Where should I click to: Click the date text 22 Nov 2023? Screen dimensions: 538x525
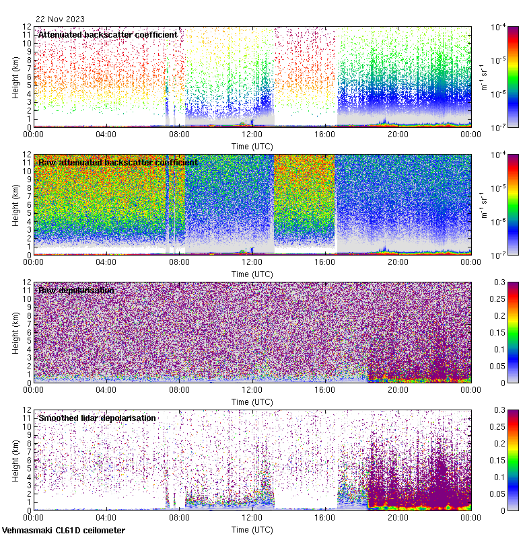61,19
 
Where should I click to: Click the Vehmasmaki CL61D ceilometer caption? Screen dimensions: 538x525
63,531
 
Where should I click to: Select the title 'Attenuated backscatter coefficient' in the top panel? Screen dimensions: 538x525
108,34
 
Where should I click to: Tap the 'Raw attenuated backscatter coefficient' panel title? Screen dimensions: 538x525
118,162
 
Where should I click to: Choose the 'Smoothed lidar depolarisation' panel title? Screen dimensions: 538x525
97,418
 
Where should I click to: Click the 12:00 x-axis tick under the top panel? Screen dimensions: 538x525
252,134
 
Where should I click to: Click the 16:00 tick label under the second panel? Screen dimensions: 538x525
325,262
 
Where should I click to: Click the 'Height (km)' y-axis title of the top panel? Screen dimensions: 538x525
15,77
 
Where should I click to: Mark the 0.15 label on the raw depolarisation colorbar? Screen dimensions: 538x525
501,333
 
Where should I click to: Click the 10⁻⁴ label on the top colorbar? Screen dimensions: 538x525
499,28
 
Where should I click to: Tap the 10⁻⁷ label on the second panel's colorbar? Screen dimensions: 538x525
499,255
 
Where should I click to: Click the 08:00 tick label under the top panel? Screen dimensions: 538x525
179,134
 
